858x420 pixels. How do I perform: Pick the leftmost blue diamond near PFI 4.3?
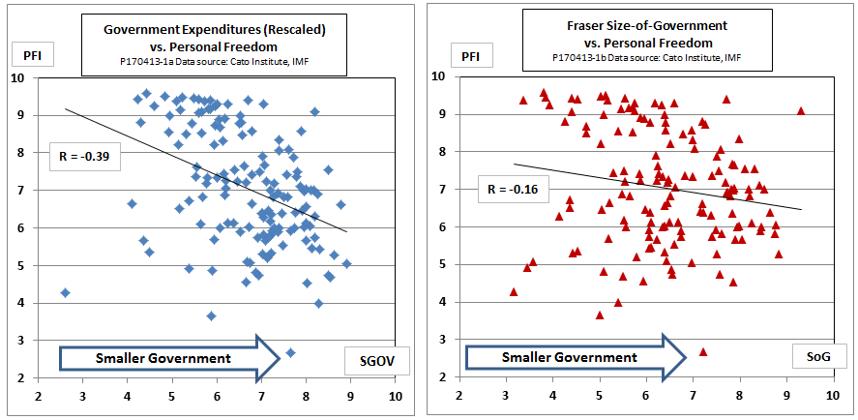click(x=65, y=292)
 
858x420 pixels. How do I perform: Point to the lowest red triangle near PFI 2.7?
click(x=703, y=351)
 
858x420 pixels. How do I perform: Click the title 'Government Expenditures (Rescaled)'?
click(x=215, y=29)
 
